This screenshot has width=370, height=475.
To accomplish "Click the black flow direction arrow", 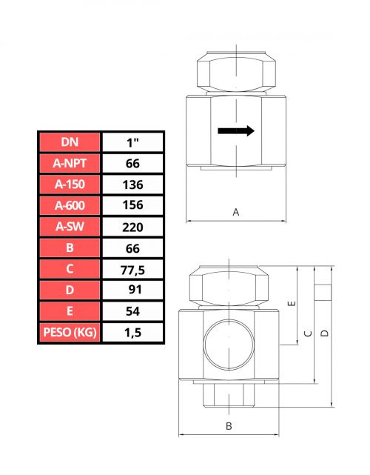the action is [x=236, y=131].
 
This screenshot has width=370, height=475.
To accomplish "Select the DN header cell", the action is [x=70, y=142].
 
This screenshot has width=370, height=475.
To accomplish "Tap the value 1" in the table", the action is [x=132, y=142].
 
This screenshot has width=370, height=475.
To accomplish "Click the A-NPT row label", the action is [x=70, y=163].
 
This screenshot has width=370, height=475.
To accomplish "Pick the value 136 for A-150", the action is [x=132, y=185].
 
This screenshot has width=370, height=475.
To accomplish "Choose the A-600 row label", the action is [x=70, y=206].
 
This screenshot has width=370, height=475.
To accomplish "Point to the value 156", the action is [x=132, y=205].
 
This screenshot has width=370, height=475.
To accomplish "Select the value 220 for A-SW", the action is [x=132, y=227].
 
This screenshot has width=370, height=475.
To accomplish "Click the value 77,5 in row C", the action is [x=132, y=270].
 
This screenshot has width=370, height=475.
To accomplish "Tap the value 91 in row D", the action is [x=135, y=290].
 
